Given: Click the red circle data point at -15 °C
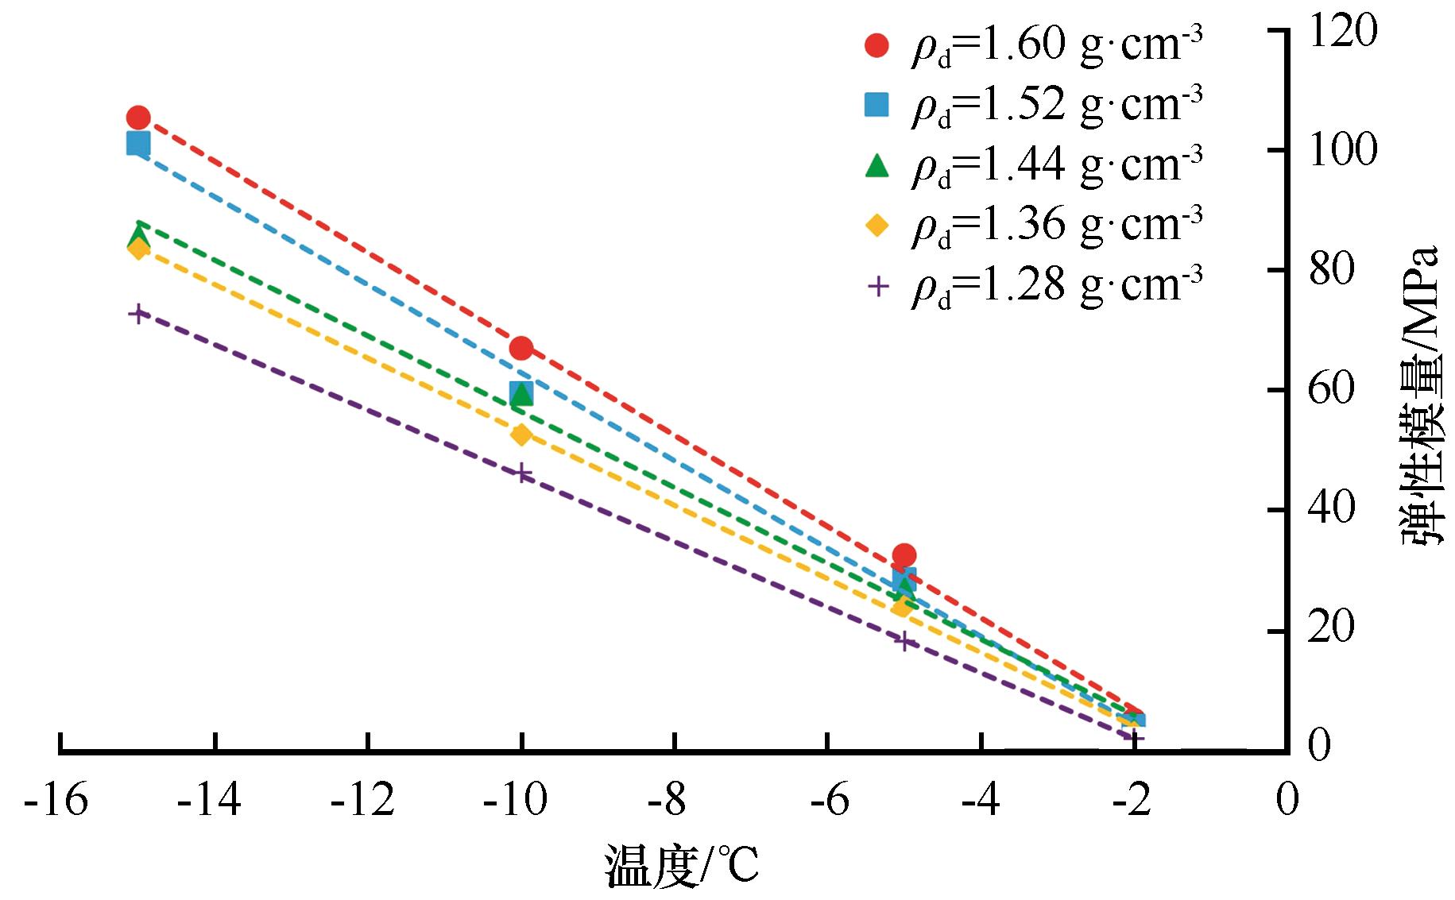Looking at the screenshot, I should coord(138,118).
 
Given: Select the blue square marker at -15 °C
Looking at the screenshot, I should coord(138,144).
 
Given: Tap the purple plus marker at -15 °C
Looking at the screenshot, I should coord(138,313).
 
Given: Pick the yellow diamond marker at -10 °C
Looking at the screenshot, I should coord(520,435).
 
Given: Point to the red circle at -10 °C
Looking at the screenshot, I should coord(521,348).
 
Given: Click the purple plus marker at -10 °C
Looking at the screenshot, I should coord(521,474).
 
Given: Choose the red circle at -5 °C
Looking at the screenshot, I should coord(904,554).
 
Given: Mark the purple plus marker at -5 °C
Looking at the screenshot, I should coord(904,640).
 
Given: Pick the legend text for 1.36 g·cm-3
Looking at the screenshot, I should coord(1056,225).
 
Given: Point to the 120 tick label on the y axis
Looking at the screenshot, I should coord(1342,32).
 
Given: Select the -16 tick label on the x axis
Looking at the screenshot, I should coord(56,801).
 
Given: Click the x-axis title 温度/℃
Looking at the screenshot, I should coord(682,867).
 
